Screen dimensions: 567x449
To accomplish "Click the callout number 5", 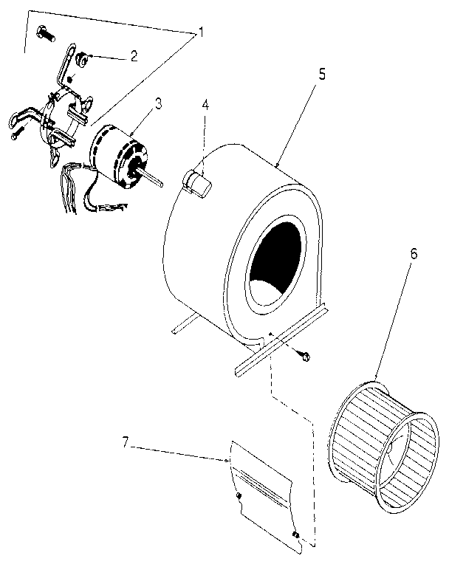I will (323, 75).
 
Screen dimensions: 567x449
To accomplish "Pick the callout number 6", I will (414, 252).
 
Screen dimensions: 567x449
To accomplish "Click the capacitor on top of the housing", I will (196, 182).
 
